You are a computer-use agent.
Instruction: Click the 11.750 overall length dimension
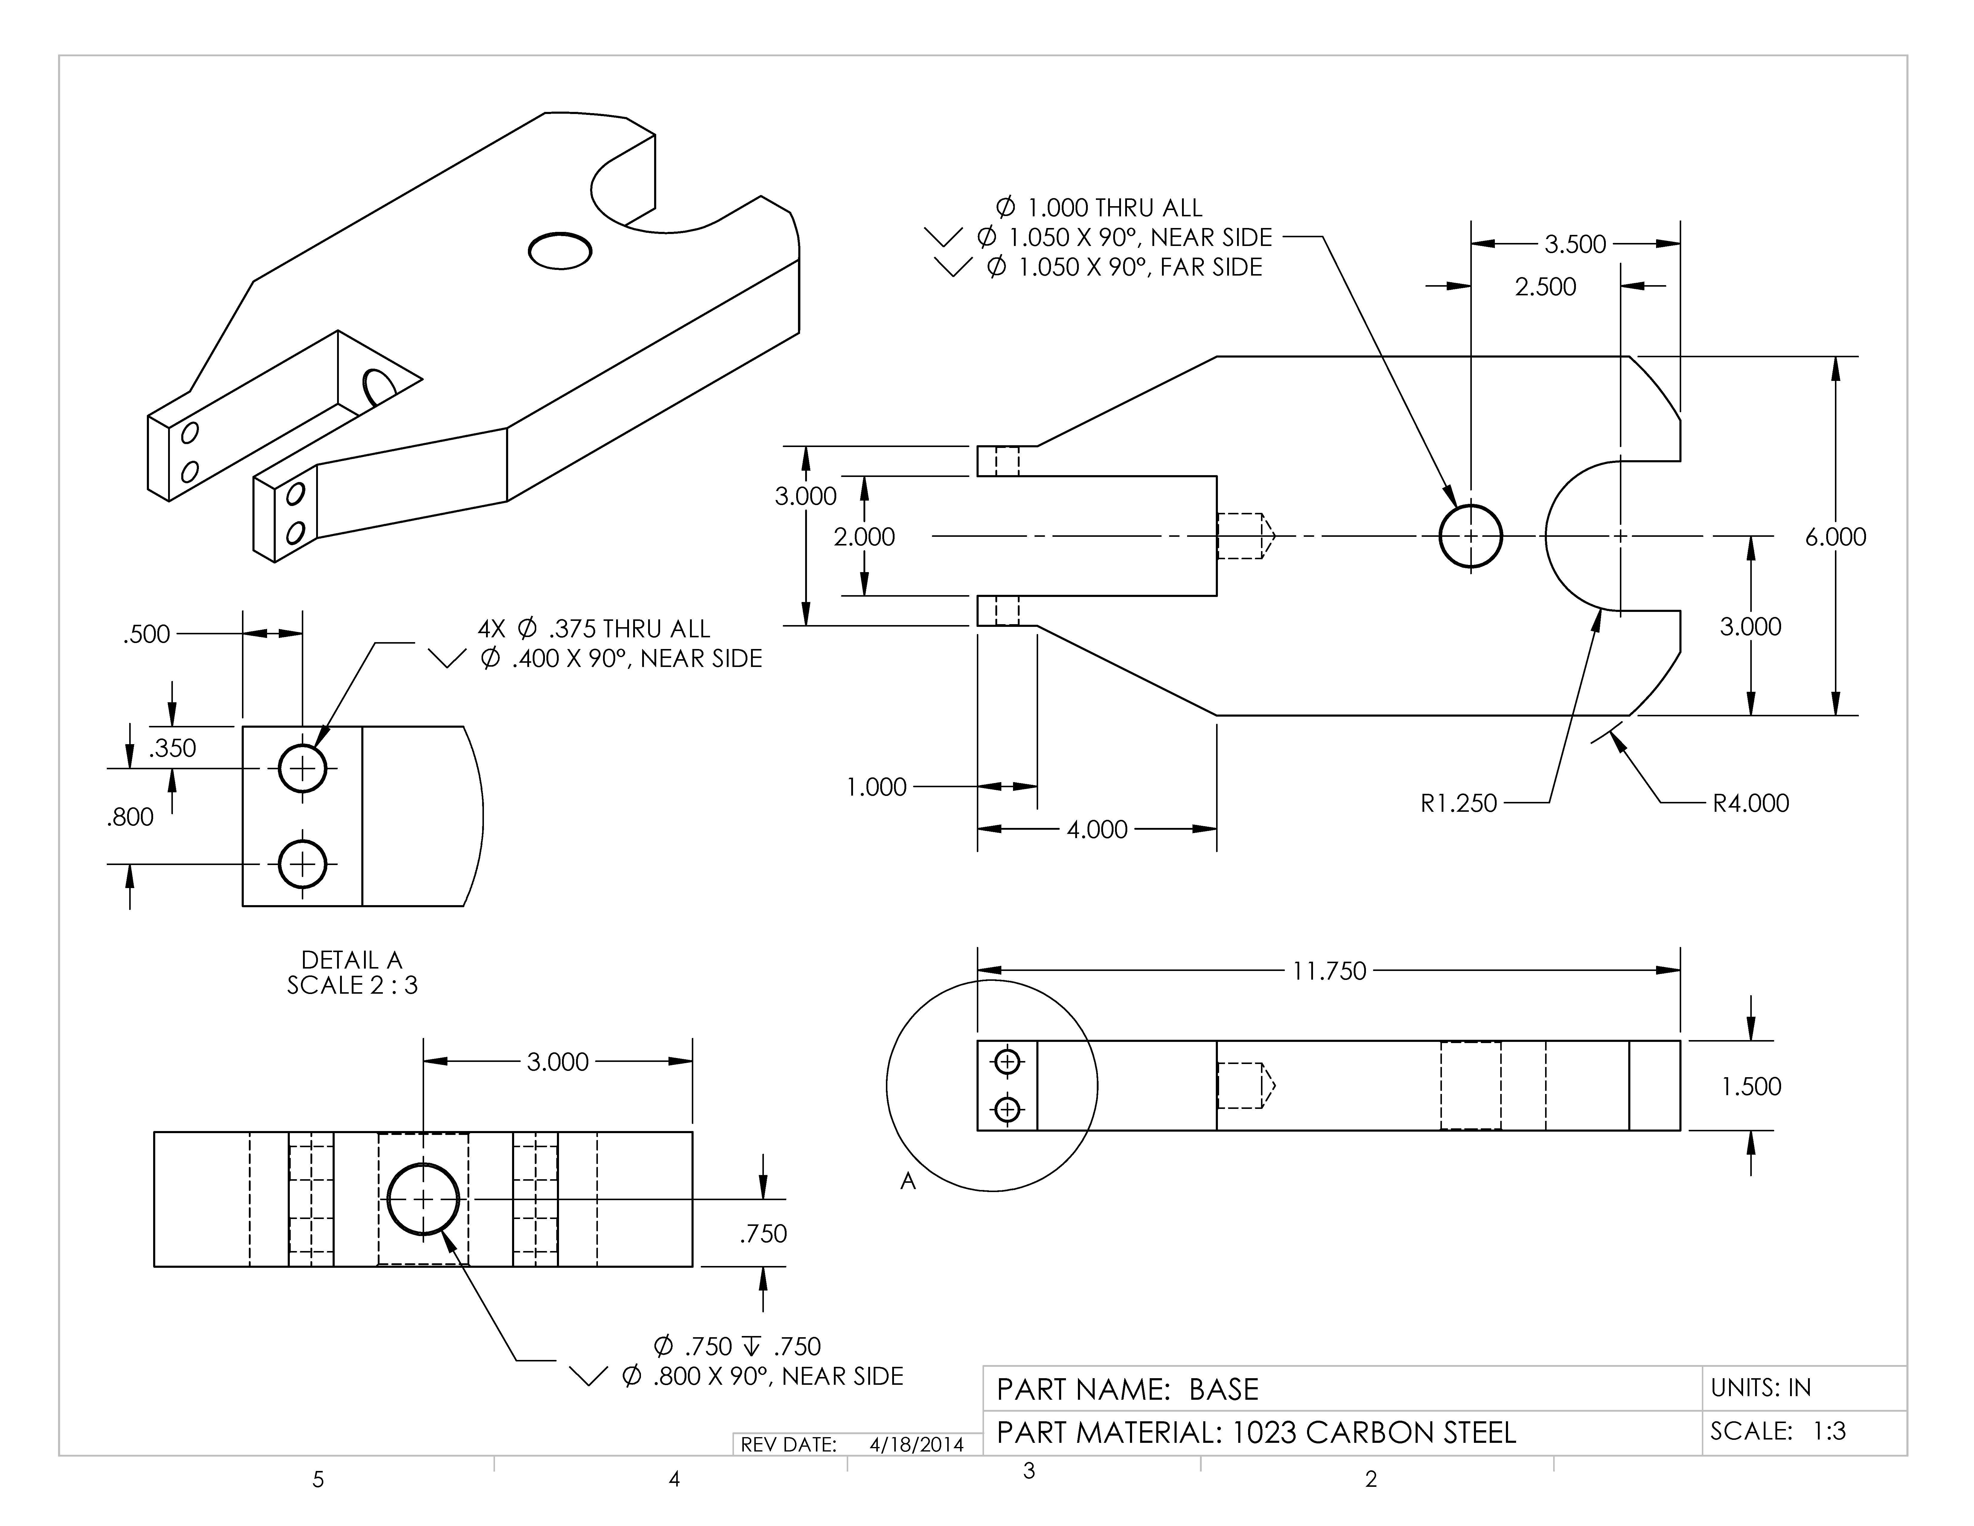pos(1329,971)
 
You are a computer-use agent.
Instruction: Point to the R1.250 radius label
pos(1458,803)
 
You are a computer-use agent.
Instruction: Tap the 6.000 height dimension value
pos(1835,537)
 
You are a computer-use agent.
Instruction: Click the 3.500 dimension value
pos(1574,244)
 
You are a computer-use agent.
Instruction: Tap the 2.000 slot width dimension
pos(864,537)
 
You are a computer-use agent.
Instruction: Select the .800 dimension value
pos(130,817)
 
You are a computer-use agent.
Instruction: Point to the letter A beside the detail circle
pos(907,1181)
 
